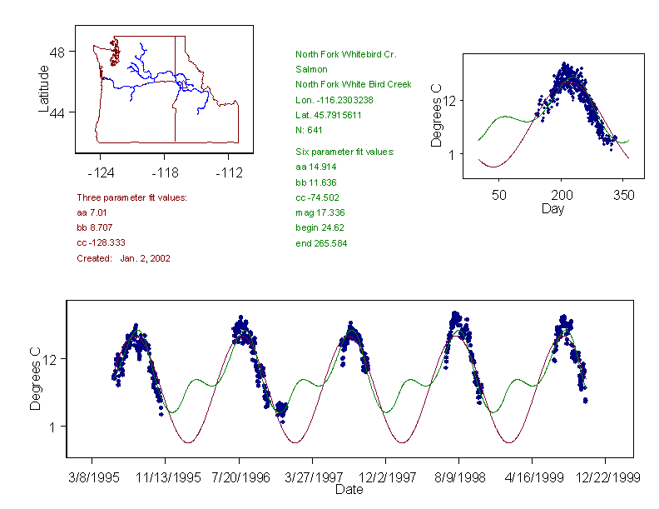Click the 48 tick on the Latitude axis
pos(58,52)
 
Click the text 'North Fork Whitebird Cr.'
pos(345,54)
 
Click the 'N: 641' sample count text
pos(310,130)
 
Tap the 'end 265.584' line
pos(321,243)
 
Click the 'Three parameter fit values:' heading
pos(131,197)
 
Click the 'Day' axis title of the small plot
pos(552,208)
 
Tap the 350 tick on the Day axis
pos(624,195)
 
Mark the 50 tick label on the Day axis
pos(499,195)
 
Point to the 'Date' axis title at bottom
pos(349,490)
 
